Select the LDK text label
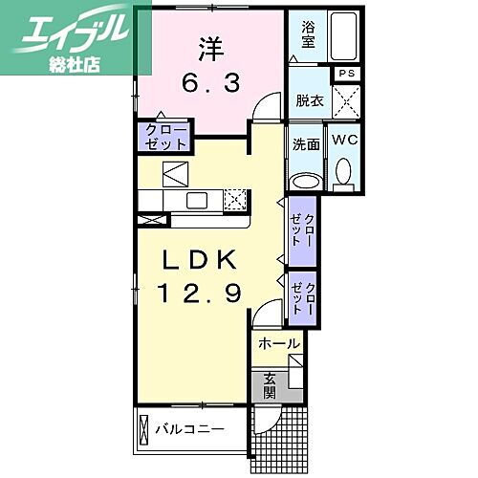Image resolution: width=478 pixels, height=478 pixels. [198, 261]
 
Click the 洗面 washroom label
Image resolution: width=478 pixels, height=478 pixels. [306, 144]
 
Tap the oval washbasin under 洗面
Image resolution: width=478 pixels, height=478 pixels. [306, 181]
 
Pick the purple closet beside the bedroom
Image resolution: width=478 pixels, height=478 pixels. [165, 135]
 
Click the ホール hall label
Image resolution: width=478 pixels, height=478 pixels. [280, 342]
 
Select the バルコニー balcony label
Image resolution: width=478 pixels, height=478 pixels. [191, 428]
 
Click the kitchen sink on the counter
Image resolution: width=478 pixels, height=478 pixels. [197, 200]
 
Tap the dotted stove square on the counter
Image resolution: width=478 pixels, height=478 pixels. [235, 200]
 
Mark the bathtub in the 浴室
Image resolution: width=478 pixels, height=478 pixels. [341, 37]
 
